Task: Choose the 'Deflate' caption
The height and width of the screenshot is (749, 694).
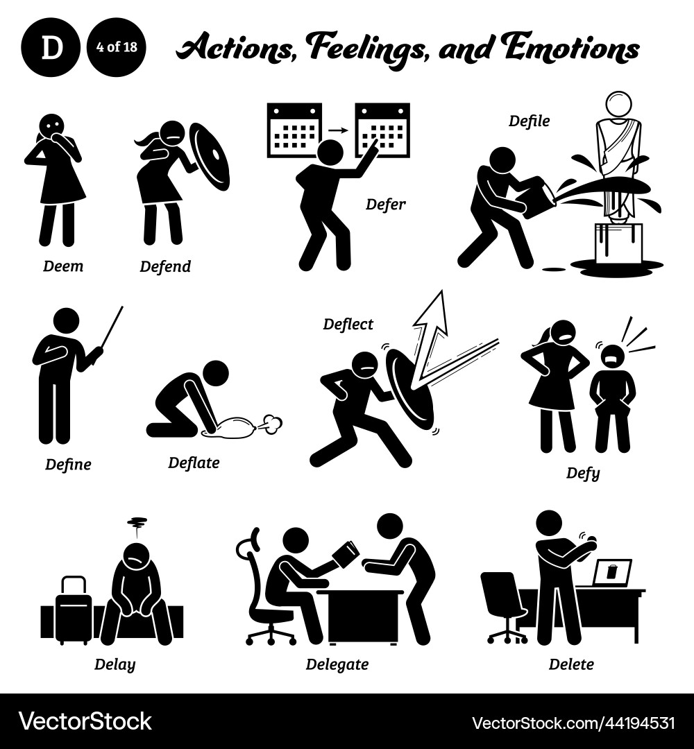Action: click(194, 463)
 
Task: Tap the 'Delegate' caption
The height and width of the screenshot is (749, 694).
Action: click(337, 664)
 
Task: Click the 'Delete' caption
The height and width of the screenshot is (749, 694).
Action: click(571, 664)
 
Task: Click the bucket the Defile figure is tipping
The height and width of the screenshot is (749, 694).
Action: click(537, 198)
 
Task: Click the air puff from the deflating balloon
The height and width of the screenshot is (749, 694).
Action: click(271, 422)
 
